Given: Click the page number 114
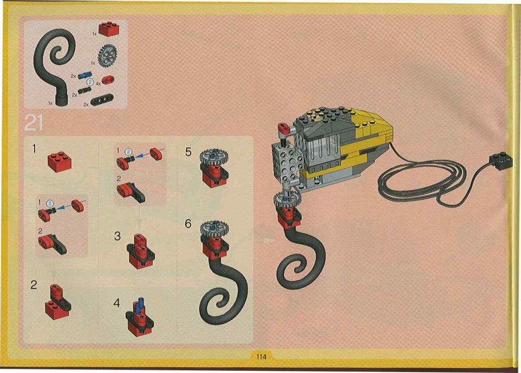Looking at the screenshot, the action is (261, 357).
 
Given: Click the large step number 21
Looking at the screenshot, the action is (34, 123).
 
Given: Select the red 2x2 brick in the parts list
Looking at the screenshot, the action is (109, 29).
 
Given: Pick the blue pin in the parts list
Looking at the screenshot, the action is (85, 76).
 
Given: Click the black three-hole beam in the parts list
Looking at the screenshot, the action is (102, 100).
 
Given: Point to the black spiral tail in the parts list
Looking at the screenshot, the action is (53, 66).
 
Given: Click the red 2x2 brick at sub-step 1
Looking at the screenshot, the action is (59, 162).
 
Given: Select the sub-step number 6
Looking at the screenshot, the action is (188, 224).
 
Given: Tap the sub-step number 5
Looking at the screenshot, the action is (188, 152).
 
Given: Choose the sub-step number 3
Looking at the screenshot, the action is (118, 236).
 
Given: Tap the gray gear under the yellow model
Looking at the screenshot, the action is (287, 200).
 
